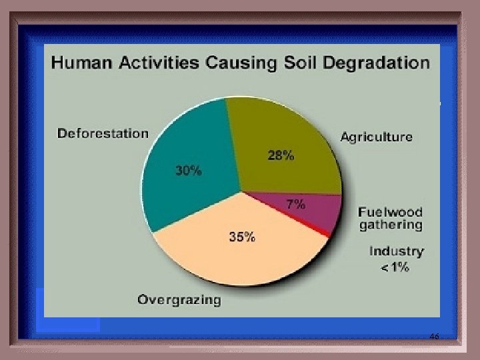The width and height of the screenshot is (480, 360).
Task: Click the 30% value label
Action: point(188,171)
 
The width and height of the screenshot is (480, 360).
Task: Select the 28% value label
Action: point(281,156)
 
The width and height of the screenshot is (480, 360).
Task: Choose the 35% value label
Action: point(241,237)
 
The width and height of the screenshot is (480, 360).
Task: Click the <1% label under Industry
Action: point(395,268)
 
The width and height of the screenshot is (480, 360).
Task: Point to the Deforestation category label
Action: point(103,133)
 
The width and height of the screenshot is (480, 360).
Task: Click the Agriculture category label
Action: point(376,137)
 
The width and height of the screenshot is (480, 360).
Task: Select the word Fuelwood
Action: point(390,212)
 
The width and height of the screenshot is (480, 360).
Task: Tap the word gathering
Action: point(391,225)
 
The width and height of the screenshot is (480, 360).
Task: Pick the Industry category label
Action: point(396,251)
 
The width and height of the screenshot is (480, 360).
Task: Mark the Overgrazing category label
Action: point(179,300)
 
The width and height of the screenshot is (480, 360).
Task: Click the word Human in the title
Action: point(82,63)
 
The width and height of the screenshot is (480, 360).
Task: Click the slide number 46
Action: point(434,337)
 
